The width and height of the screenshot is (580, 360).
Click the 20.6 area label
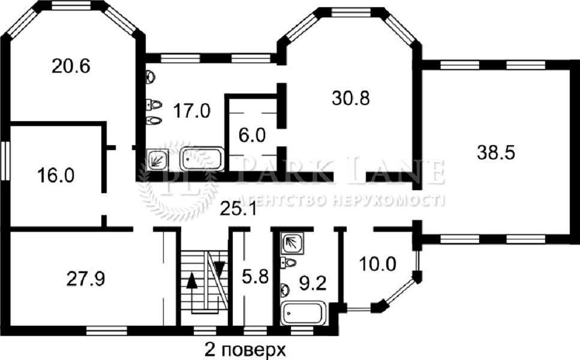coord(71,67)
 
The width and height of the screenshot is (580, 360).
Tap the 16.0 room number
coord(56,175)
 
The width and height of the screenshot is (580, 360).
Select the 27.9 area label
coord(86,278)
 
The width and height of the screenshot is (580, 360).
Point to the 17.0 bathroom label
coord(192,110)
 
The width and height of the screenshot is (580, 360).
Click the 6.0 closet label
coord(252,136)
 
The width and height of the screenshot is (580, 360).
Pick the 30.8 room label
coord(351,98)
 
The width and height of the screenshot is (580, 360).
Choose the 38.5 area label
coord(495,152)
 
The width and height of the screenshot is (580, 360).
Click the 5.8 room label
coord(256,277)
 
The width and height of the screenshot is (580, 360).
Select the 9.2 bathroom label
coord(312,284)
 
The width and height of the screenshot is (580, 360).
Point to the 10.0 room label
coord(378,264)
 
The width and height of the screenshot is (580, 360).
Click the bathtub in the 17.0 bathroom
coord(202,159)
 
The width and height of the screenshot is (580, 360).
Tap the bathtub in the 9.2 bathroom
coord(303,313)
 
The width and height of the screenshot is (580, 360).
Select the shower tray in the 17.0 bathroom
coord(158,160)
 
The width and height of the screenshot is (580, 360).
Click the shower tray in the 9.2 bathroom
coord(292,243)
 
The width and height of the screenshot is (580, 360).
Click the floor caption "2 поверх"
coord(245,350)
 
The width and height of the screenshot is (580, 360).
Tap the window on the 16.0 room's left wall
coord(5,161)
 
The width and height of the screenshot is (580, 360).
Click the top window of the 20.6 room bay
coord(71,5)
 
